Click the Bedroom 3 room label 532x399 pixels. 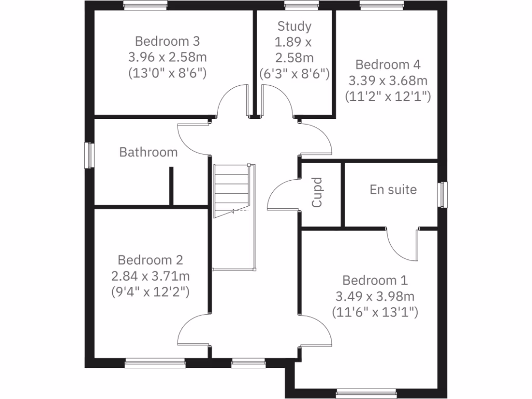167,41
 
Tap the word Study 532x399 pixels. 294,26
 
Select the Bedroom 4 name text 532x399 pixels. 388,65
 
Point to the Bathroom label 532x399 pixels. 149,152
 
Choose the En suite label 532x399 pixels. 393,190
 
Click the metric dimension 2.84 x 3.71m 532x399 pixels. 150,276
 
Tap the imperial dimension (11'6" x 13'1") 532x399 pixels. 375,312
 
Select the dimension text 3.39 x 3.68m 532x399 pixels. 388,81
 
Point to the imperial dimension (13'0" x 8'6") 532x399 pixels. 167,73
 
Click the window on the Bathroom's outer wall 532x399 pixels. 89,155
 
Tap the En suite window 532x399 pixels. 442,194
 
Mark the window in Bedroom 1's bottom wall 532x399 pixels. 358,393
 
